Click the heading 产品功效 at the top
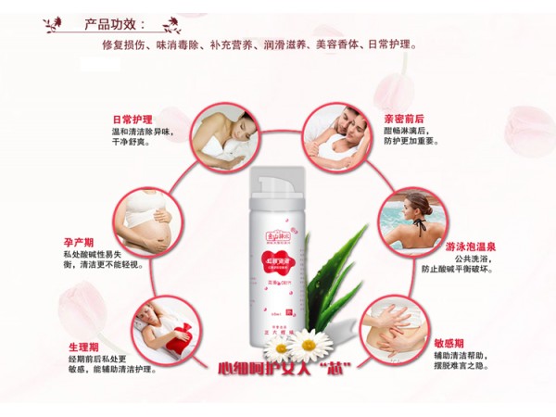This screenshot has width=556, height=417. tap(117, 24)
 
